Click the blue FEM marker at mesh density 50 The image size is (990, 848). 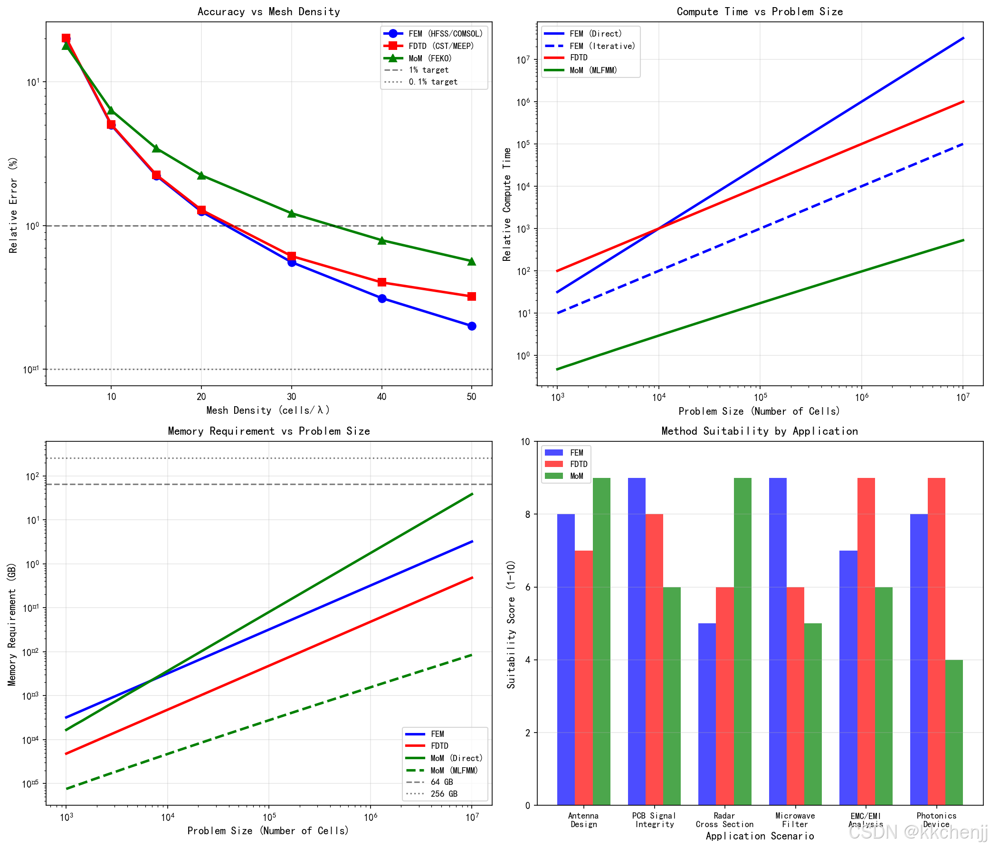coord(472,326)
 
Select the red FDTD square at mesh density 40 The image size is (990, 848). coord(382,282)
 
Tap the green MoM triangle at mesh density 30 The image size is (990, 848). coord(292,213)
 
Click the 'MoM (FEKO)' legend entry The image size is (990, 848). coord(429,58)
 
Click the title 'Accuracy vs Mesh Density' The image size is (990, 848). coord(268,11)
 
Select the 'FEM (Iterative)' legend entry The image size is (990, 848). coord(601,46)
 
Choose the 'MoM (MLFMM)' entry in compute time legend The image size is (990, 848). coord(593,70)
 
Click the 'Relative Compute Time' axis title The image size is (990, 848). coord(506,204)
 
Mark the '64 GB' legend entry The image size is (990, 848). coord(441,782)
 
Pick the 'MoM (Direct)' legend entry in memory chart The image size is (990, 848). coord(457,758)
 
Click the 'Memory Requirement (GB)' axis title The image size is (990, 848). coord(12,624)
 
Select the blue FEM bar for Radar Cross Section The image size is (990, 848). coord(707,714)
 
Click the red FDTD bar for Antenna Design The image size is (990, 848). coord(583,678)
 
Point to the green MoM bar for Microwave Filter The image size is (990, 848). coord(813,714)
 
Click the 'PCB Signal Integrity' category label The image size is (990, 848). coord(654,820)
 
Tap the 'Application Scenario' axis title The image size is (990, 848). coord(760,836)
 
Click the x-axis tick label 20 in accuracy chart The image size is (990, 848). coord(201,397)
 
